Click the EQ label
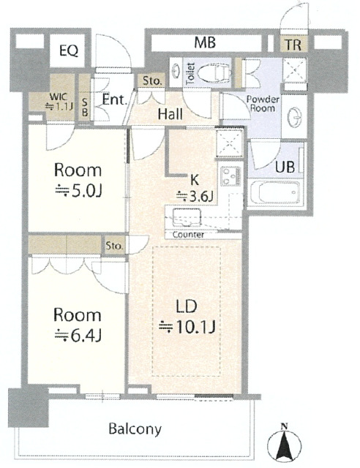pos(69,50)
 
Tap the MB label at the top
pos(205,42)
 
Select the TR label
pos(293,45)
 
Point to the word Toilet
pos(190,73)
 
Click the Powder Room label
pos(263,103)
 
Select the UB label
pos(285,167)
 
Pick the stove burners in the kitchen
pos(230,176)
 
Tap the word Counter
pos(188,235)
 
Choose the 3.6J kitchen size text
pos(194,196)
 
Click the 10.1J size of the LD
pos(187,327)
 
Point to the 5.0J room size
pos(78,191)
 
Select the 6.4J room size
pos(78,336)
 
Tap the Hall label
pos(170,114)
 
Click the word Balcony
pos(135,429)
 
